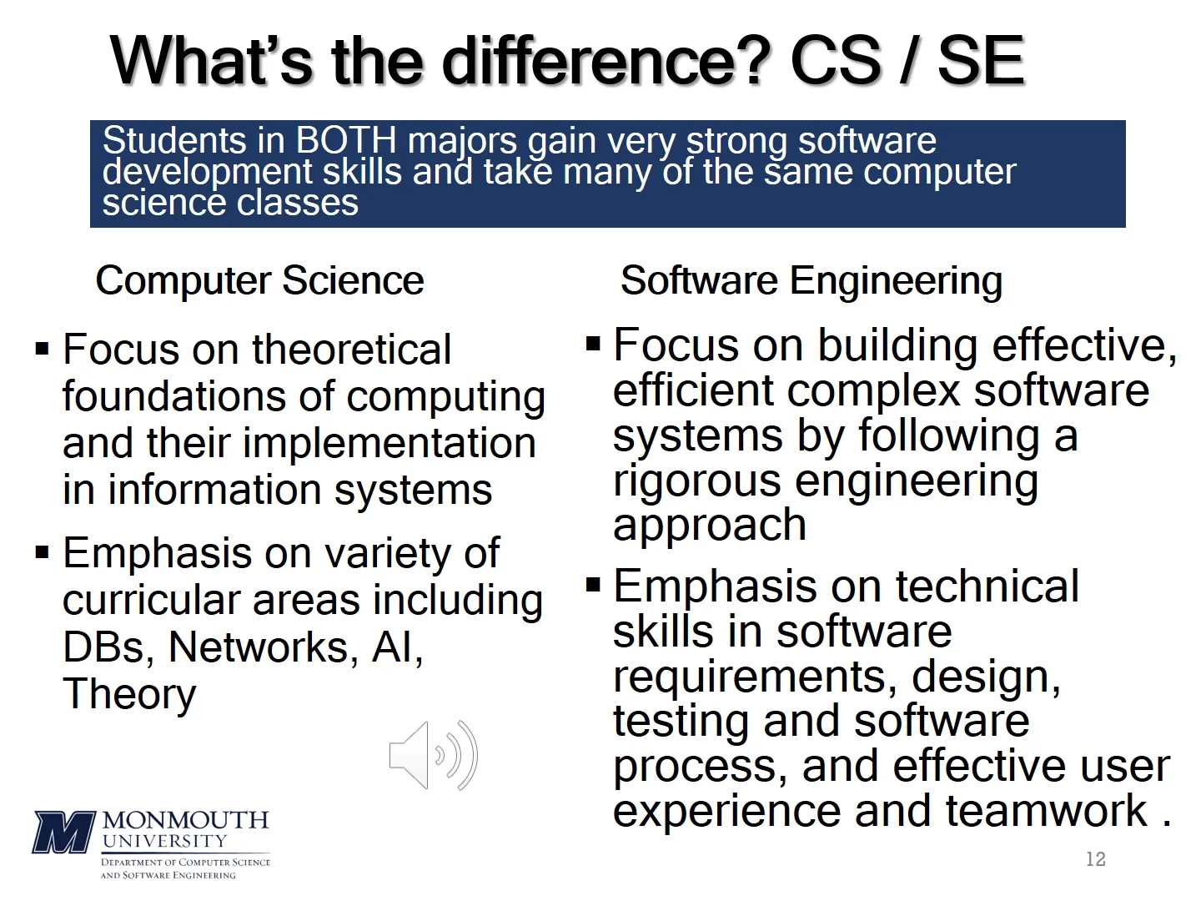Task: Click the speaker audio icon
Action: click(x=433, y=756)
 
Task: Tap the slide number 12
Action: click(x=1095, y=859)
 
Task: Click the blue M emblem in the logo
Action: click(x=63, y=832)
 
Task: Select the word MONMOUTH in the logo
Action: click(x=185, y=820)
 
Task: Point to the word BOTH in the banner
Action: click(x=346, y=140)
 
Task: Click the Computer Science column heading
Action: click(x=259, y=280)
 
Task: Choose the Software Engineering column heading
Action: click(x=811, y=280)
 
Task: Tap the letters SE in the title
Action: click(x=980, y=61)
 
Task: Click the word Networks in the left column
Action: click(x=263, y=647)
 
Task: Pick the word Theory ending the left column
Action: click(x=129, y=694)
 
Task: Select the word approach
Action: click(x=710, y=526)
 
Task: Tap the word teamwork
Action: click(x=1047, y=811)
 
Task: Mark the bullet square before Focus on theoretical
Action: click(x=43, y=348)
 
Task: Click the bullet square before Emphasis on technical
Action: click(x=593, y=585)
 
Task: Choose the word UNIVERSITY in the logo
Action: click(x=164, y=841)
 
